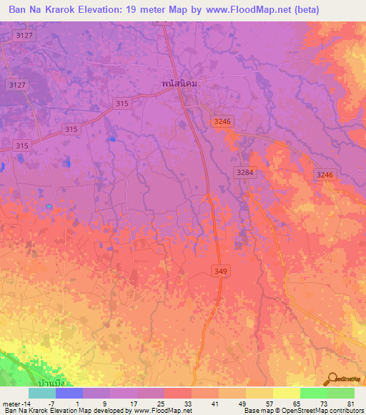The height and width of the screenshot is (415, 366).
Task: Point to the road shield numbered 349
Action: [x=220, y=270]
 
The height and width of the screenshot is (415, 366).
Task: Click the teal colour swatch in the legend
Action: [x=42, y=394]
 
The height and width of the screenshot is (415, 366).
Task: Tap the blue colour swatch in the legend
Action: [x=69, y=394]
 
